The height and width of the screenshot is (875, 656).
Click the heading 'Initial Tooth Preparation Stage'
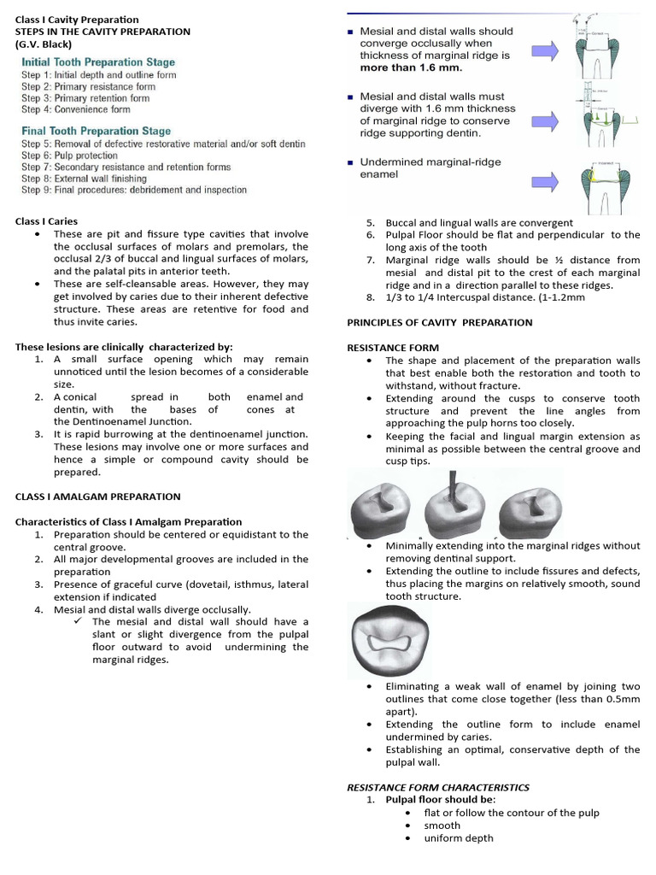point(98,62)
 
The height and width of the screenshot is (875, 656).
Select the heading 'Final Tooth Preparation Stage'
point(96,131)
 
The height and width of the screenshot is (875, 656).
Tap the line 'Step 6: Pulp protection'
point(69,156)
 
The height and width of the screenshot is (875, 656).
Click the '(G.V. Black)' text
point(43,44)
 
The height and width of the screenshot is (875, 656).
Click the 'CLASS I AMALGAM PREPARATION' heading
point(97,496)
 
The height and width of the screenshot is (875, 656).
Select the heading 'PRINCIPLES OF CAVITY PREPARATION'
point(439,322)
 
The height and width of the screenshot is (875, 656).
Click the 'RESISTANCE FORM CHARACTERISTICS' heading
point(437,787)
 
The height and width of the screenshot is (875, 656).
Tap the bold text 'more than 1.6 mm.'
point(411,68)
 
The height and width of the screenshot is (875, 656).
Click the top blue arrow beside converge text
point(544,51)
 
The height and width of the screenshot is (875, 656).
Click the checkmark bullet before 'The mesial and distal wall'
point(79,622)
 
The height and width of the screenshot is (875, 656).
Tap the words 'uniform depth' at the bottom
point(459,838)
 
